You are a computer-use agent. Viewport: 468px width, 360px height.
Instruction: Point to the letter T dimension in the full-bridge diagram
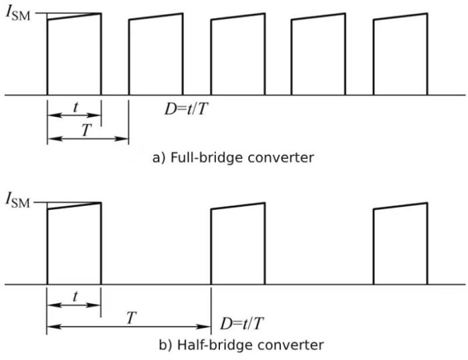coord(86,130)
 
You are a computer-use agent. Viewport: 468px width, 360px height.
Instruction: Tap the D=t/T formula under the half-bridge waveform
coord(243,325)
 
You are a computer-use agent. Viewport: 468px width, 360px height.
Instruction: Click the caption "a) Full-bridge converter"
coord(234,158)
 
